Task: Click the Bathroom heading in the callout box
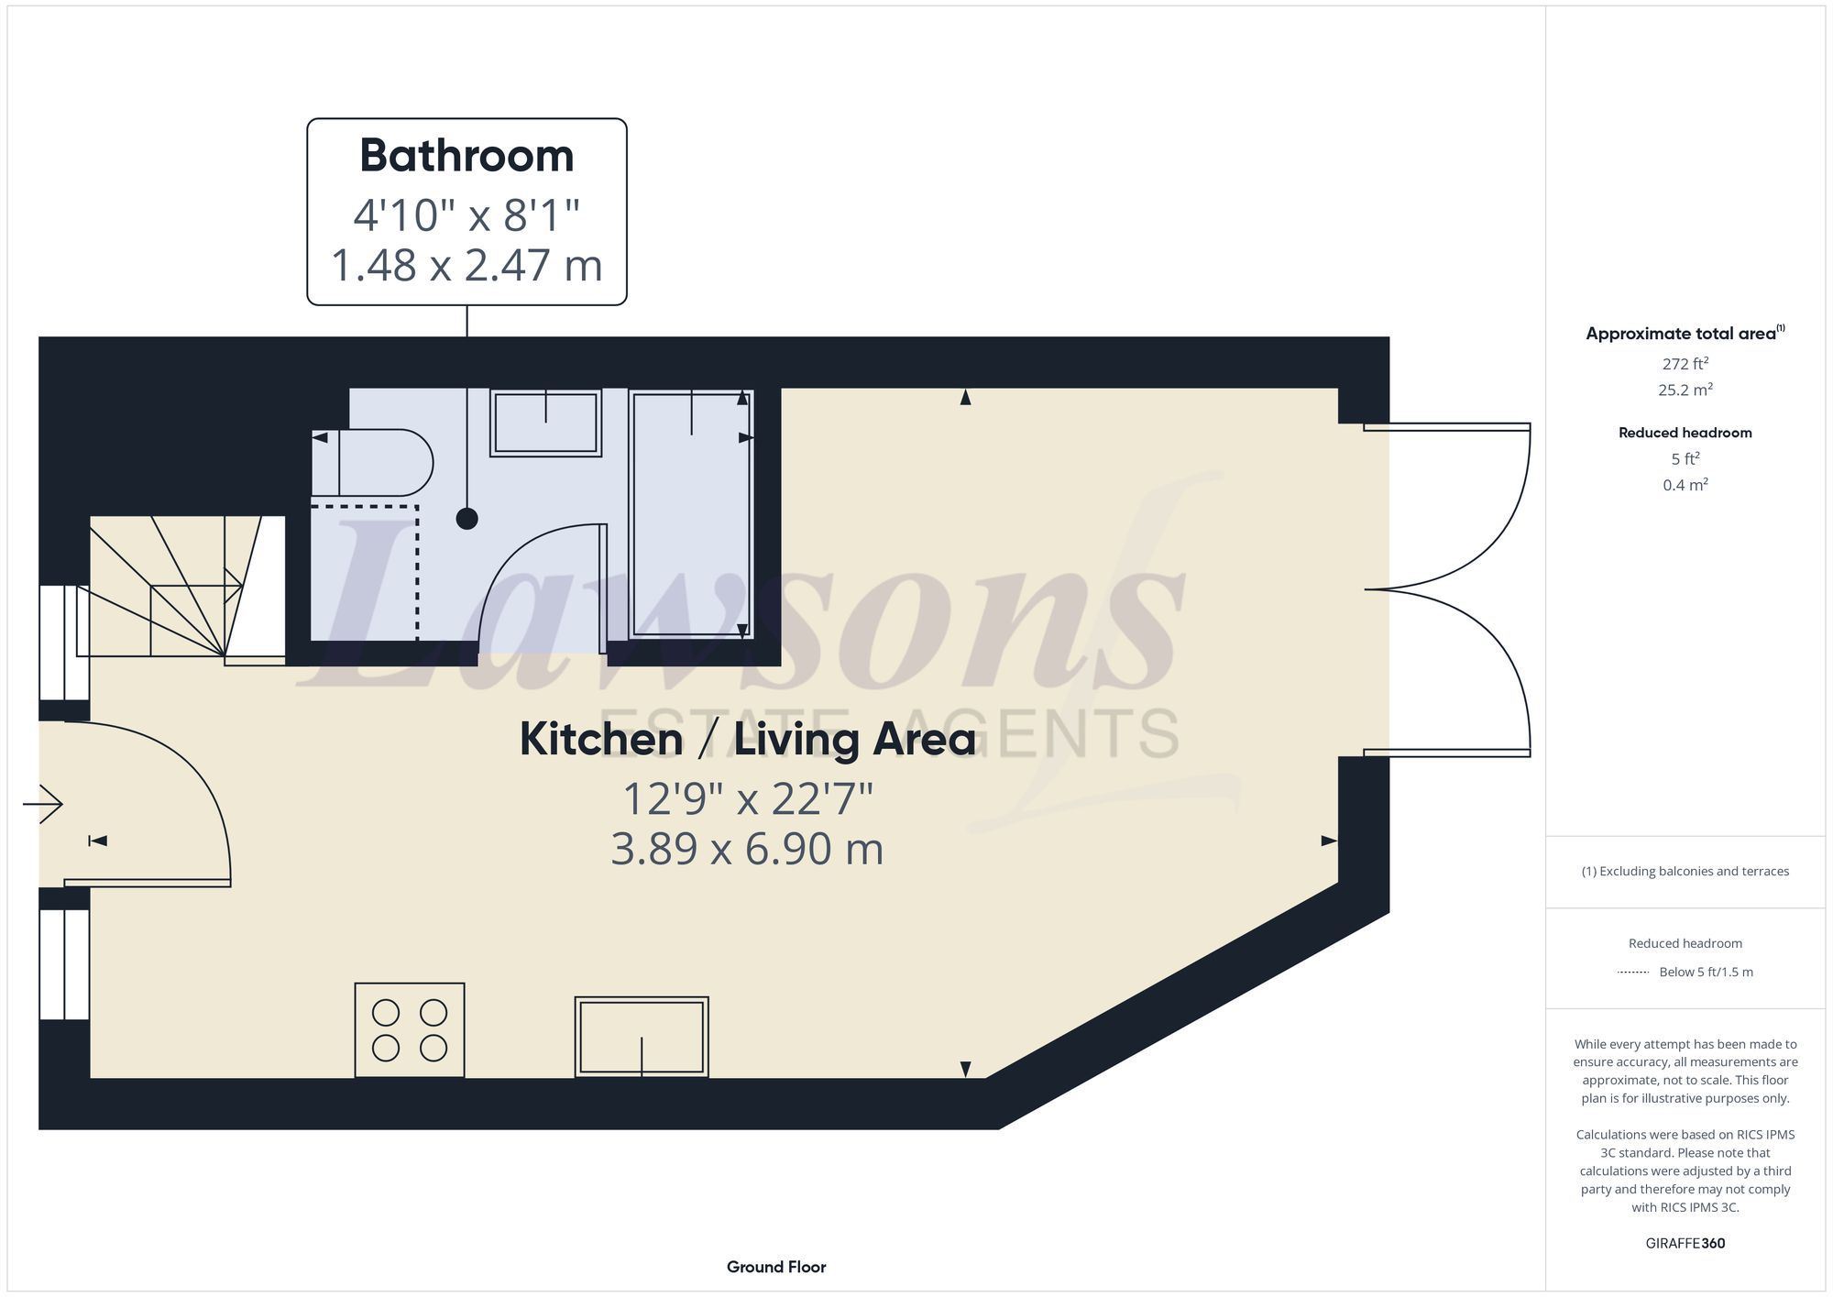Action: pyautogui.click(x=466, y=156)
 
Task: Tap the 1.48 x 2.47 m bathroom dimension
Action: pyautogui.click(x=466, y=266)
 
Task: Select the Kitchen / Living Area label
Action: pyautogui.click(x=747, y=739)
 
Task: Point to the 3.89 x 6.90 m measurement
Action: pyautogui.click(x=747, y=849)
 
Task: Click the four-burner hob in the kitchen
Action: pyautogui.click(x=410, y=1030)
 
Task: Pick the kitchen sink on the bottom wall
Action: pyautogui.click(x=642, y=1037)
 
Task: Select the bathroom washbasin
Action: pyautogui.click(x=545, y=423)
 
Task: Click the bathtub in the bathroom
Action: pyautogui.click(x=691, y=513)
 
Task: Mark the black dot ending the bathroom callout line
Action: pyautogui.click(x=467, y=519)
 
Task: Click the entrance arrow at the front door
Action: pyautogui.click(x=42, y=805)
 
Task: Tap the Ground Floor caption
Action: pyautogui.click(x=776, y=1267)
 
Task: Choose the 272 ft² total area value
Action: pyautogui.click(x=1685, y=364)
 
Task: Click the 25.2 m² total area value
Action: pyautogui.click(x=1685, y=390)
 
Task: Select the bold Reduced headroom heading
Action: pyautogui.click(x=1685, y=433)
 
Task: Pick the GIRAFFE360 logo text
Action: pyautogui.click(x=1685, y=1243)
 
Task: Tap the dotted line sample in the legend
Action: pyautogui.click(x=1633, y=973)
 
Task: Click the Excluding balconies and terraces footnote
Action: pyautogui.click(x=1685, y=872)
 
